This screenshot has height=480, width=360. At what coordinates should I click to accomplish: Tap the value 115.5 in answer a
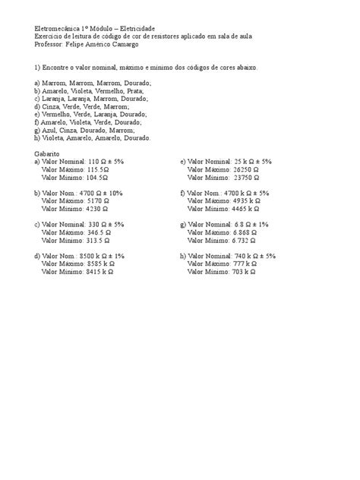(x=98, y=169)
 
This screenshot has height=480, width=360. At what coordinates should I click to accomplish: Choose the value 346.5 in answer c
(x=98, y=232)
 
